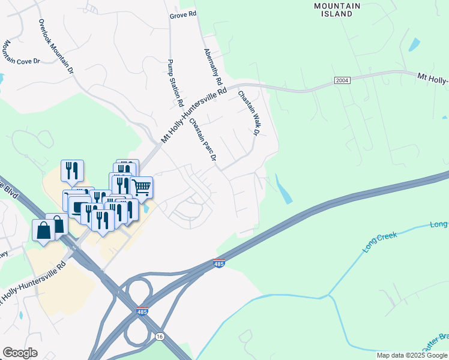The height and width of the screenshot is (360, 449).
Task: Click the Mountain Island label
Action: pyautogui.click(x=337, y=10)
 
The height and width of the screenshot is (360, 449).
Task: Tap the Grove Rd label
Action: pyautogui.click(x=183, y=14)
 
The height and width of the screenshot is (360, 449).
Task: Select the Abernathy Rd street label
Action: pyautogui.click(x=213, y=67)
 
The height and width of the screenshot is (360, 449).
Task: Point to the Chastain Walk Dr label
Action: pyautogui.click(x=250, y=113)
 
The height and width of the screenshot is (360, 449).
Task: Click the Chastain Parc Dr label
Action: pyautogui.click(x=202, y=140)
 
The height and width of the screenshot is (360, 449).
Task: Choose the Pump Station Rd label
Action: pyautogui.click(x=175, y=83)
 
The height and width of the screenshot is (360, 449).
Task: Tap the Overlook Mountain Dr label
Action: pyautogui.click(x=56, y=46)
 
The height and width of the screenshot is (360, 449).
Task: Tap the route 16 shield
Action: pyautogui.click(x=159, y=337)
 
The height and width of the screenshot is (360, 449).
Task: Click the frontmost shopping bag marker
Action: pyautogui.click(x=44, y=230)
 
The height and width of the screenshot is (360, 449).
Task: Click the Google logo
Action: pyautogui.click(x=20, y=353)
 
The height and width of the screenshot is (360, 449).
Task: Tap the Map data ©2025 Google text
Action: pyautogui.click(x=411, y=355)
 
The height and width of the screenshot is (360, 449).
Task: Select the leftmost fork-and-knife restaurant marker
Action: pyautogui.click(x=72, y=170)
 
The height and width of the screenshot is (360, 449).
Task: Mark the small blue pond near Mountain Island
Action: pyautogui.click(x=414, y=44)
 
